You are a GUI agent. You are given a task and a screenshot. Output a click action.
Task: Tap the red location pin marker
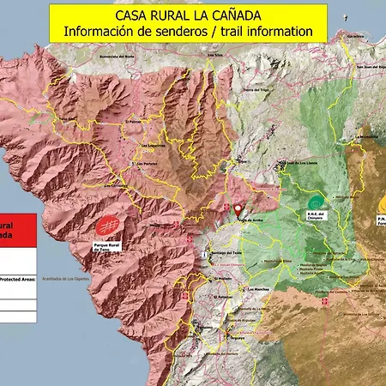click(238, 208)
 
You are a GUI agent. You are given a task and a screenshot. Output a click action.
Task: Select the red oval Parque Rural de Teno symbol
click(107, 226)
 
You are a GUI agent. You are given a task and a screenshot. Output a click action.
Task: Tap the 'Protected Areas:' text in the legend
click(16, 279)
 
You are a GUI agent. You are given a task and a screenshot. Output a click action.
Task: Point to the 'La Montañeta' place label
click(368, 136)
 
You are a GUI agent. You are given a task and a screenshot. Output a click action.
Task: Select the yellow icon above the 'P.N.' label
click(382, 204)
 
